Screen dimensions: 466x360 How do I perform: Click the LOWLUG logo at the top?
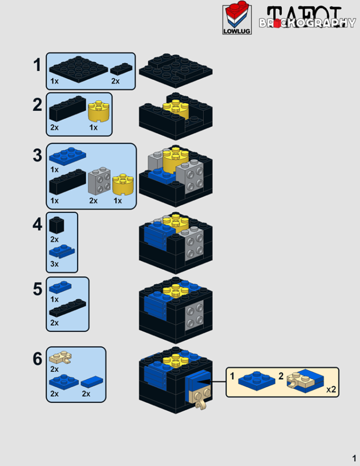pyautogui.click(x=236, y=20)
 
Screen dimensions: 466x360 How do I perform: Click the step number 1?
pyautogui.click(x=37, y=66)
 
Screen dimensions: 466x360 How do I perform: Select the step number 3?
pyautogui.click(x=37, y=155)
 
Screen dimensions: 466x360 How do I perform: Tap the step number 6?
pyautogui.click(x=37, y=359)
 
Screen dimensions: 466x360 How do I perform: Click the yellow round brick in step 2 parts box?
pyautogui.click(x=100, y=110)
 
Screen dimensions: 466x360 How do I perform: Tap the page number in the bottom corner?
pyautogui.click(x=354, y=458)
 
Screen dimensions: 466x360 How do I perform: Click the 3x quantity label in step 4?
pyautogui.click(x=54, y=264)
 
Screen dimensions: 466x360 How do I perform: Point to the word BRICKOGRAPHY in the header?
pyautogui.click(x=307, y=23)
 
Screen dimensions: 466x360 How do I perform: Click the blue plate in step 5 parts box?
pyautogui.click(x=59, y=286)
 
